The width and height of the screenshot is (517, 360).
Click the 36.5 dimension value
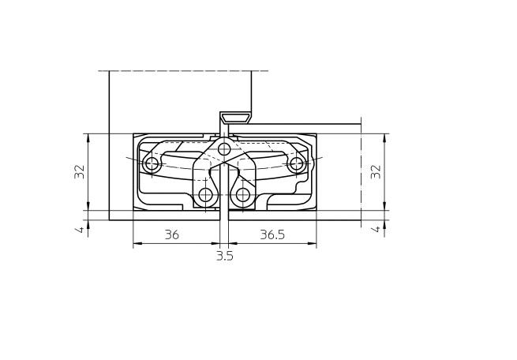272,234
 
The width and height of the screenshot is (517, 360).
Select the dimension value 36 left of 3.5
172,234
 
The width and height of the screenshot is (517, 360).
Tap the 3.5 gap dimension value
225,256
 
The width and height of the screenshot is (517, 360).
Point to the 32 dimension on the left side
80,171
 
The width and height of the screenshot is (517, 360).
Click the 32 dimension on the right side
376,171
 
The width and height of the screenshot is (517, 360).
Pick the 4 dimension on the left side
81,229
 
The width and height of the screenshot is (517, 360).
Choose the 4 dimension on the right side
377,229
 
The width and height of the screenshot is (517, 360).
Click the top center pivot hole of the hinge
224,149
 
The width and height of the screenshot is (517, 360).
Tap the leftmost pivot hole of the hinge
152,163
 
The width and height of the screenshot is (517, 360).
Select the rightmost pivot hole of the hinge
297,163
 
